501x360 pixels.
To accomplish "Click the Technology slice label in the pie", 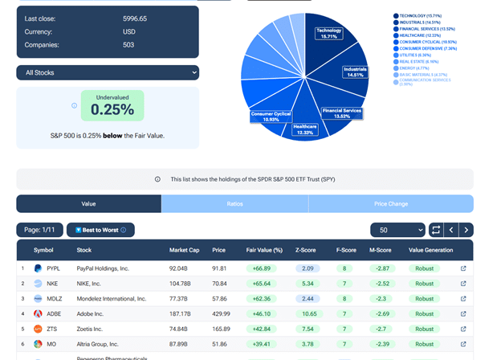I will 329,33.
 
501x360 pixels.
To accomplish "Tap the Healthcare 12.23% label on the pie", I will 305,129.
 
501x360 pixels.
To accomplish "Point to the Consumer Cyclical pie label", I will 271,117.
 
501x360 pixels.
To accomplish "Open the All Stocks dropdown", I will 108,72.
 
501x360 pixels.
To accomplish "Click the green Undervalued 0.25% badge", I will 112,105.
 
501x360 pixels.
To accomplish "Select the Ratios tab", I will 234,204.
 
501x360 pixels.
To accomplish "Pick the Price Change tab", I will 390,204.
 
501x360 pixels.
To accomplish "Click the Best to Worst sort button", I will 100,230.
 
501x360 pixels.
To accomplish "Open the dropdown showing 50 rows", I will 397,230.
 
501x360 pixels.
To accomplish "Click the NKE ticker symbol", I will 53,283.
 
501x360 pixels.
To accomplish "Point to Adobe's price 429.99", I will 221,313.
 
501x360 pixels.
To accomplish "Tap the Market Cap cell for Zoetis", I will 180,329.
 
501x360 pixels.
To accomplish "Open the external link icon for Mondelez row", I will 463,298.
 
